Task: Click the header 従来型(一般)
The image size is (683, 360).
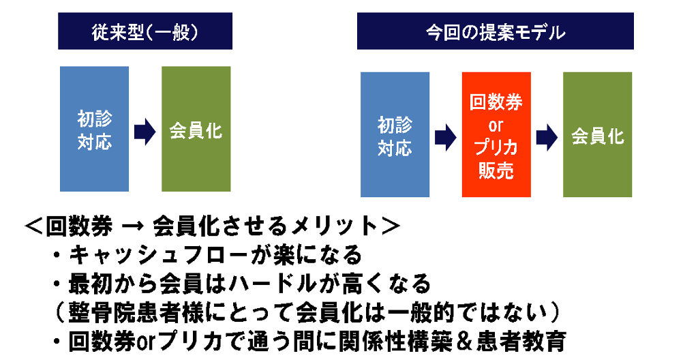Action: pos(145,31)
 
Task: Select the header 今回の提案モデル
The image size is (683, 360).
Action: pos(496,31)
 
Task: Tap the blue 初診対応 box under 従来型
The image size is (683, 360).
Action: pos(95,129)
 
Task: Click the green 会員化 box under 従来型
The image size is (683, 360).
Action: pos(196,129)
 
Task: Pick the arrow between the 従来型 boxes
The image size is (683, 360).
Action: pos(145,131)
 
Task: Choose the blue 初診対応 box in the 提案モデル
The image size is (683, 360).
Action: pos(395,135)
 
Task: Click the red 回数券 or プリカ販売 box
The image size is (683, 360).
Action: pos(496,135)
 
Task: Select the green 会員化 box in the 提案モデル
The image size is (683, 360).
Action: pos(598,135)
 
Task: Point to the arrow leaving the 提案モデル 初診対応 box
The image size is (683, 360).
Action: pos(446,137)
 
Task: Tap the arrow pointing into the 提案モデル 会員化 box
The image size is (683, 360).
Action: pos(547,137)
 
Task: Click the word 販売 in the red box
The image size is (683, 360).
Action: pos(496,170)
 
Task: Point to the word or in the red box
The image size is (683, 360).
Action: pos(496,126)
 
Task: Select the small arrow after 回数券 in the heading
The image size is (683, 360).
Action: pos(132,226)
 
